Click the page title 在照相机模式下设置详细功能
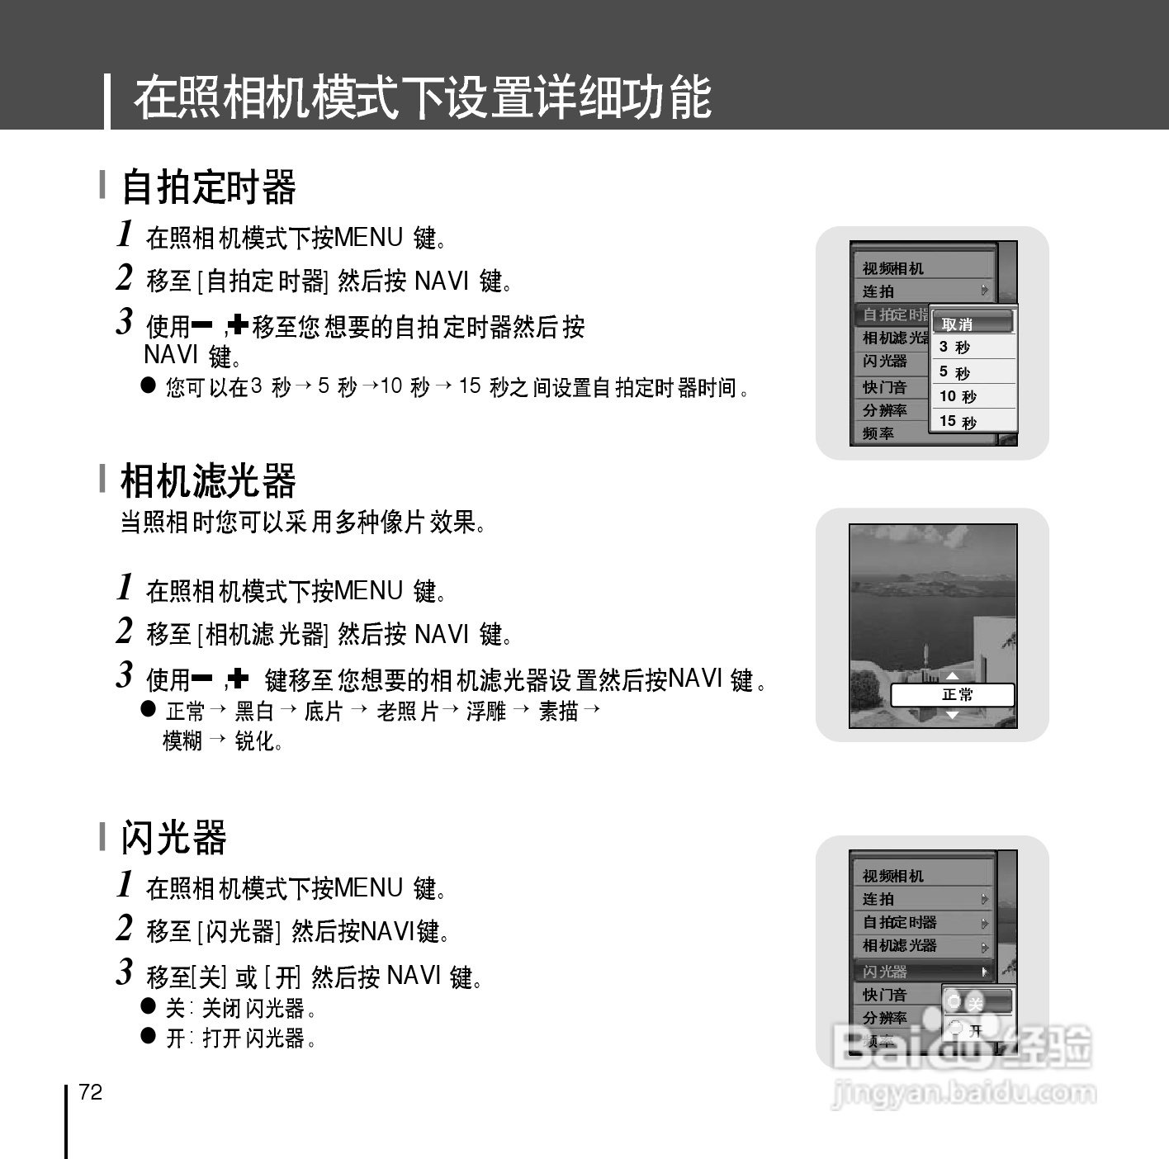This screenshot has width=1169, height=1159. click(x=422, y=97)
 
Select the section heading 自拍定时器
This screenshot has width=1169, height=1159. click(x=208, y=187)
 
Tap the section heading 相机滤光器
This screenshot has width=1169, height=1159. click(x=208, y=480)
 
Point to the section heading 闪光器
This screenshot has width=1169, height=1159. click(x=173, y=837)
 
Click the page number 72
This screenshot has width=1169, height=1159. click(x=91, y=1092)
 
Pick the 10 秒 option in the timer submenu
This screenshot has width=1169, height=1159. click(x=958, y=396)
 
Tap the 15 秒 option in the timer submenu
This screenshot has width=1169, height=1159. click(x=958, y=421)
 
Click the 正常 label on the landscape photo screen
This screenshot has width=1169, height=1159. click(x=956, y=695)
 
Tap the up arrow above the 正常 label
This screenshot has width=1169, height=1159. click(x=952, y=678)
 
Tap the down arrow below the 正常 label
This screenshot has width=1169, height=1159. click(x=952, y=715)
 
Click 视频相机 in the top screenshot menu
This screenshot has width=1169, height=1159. click(x=893, y=268)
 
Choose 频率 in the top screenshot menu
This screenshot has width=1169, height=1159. click(x=878, y=433)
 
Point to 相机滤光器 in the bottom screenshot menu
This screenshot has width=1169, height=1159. click(x=900, y=946)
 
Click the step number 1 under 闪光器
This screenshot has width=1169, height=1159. click(x=125, y=884)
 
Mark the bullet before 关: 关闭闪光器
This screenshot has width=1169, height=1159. click(x=149, y=1006)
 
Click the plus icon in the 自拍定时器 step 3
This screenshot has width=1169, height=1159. click(x=238, y=325)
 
